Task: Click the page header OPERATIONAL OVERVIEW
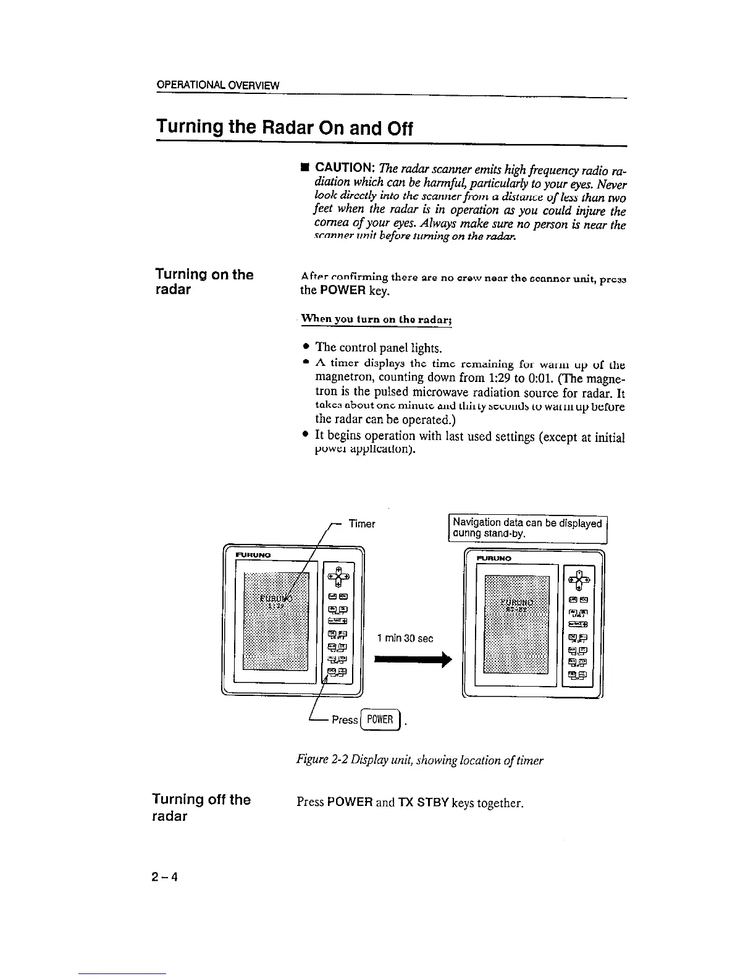coord(217,85)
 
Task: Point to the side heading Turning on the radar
coord(204,282)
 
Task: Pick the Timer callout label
coord(361,524)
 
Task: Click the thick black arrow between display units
coord(410,661)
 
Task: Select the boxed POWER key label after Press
coord(379,719)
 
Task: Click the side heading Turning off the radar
coord(201,808)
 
